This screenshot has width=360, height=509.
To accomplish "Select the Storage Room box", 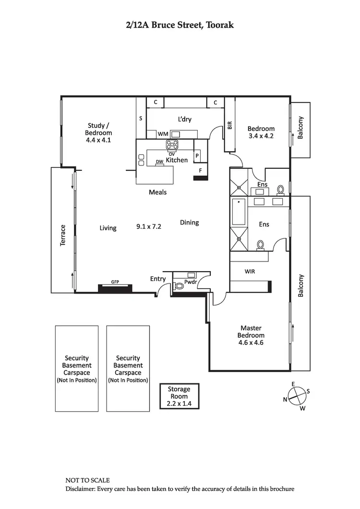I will (x=179, y=396).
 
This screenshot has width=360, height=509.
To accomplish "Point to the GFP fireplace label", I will (x=115, y=282).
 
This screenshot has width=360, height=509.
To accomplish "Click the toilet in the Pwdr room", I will (x=179, y=286).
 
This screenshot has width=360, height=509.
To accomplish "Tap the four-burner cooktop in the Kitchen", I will (x=171, y=144).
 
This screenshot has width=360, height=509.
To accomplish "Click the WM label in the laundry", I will (x=163, y=134).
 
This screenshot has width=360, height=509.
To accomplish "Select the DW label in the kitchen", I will (x=159, y=162).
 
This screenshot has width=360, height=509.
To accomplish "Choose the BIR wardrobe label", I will (x=230, y=125).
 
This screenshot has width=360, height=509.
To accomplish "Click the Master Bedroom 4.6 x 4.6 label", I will (x=252, y=335).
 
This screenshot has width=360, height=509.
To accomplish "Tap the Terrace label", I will (x=62, y=236).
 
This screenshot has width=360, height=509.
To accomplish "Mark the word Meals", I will (x=157, y=192).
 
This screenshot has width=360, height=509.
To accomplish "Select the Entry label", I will (x=158, y=279).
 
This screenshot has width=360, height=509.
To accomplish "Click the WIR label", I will (x=250, y=271).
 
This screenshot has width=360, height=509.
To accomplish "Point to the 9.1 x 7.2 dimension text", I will (x=149, y=226).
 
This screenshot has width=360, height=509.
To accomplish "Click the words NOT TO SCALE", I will (x=87, y=480).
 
